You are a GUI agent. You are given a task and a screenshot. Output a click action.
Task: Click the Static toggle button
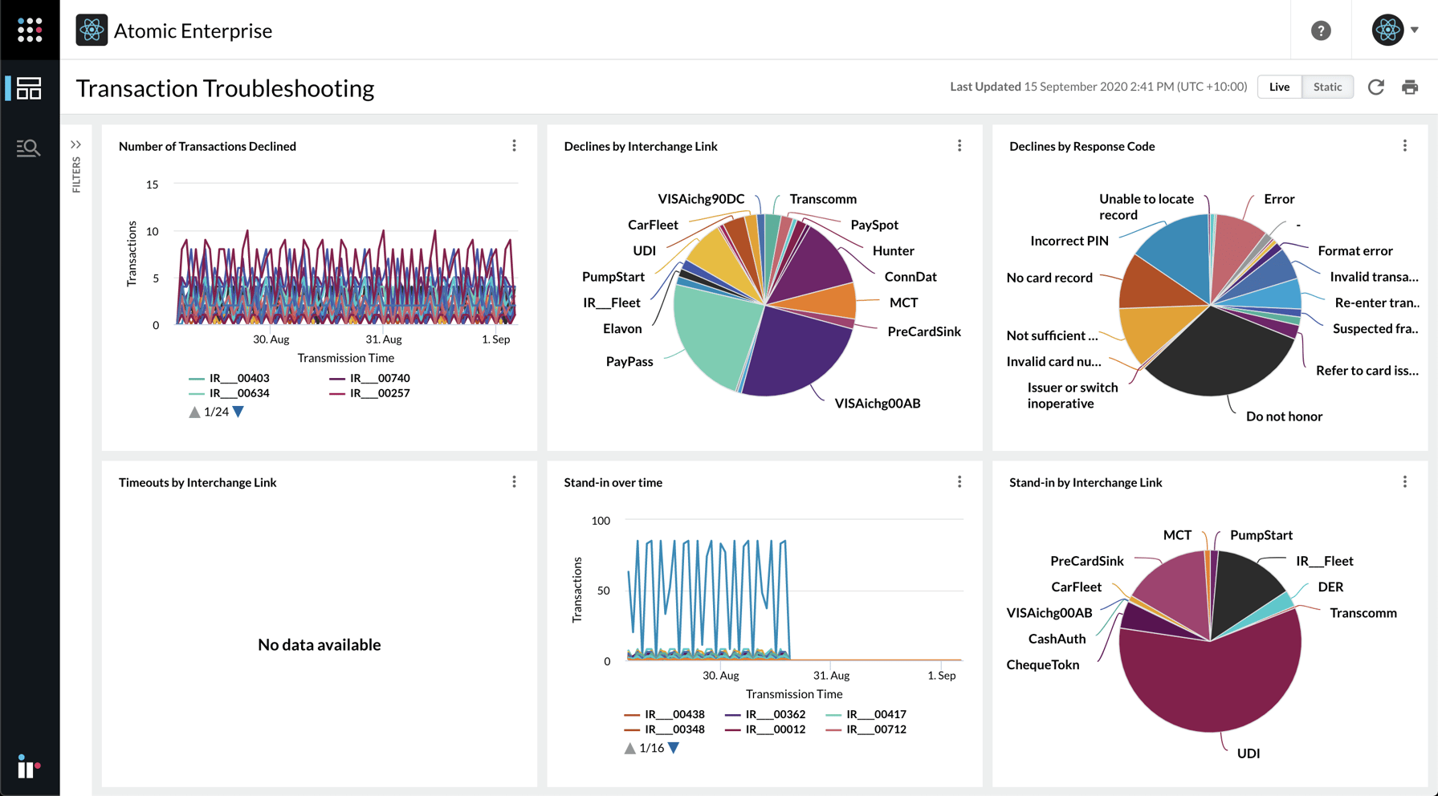[x=1327, y=87]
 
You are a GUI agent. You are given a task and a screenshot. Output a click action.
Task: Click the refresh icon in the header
[x=1376, y=87]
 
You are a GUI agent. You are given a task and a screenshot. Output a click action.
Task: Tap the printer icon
[x=1410, y=87]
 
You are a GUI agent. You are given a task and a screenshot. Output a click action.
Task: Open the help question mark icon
[x=1321, y=30]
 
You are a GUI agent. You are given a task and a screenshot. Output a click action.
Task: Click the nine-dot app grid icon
[x=30, y=30]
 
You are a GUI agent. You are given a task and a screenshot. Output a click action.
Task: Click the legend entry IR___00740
[x=379, y=378]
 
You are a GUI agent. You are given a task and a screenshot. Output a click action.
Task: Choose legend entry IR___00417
[x=875, y=714]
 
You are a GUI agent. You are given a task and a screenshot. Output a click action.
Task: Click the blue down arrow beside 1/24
[x=238, y=412]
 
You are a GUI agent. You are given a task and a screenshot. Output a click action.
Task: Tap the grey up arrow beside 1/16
[x=630, y=748]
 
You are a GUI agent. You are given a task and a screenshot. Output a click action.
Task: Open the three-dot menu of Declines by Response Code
[x=1404, y=146]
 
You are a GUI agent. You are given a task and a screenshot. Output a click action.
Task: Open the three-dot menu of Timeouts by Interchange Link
[x=514, y=482]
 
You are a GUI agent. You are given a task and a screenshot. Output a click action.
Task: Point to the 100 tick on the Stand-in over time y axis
[x=601, y=521]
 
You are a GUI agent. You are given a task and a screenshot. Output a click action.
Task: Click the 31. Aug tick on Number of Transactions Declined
[x=384, y=339]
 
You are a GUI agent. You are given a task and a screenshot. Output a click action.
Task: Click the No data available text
[x=319, y=644]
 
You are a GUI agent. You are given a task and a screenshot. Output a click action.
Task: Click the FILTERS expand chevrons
[x=75, y=145]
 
